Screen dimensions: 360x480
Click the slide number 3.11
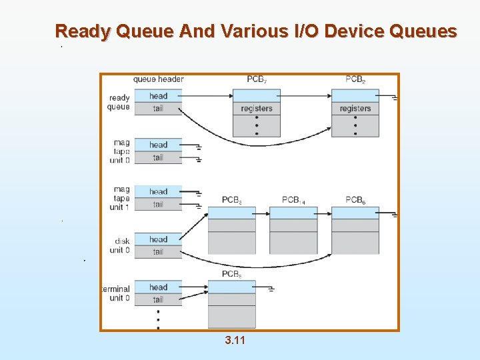tap(235, 341)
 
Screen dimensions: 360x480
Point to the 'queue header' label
tap(158, 79)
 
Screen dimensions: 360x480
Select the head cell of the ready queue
tap(158, 96)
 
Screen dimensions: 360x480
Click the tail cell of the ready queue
tap(158, 108)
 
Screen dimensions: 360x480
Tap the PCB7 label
tap(257, 79)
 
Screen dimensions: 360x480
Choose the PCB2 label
tap(355, 79)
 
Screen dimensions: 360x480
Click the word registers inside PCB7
tap(257, 109)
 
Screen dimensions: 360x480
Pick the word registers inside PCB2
tap(355, 109)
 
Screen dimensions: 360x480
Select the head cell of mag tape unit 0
tap(158, 145)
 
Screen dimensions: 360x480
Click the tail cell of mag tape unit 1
tap(158, 204)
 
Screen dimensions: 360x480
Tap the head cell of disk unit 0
tap(158, 239)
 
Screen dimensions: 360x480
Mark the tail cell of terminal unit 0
tap(158, 299)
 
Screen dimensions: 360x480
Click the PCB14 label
tap(293, 200)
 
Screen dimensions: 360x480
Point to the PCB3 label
tap(231, 200)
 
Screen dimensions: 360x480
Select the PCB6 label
tap(355, 200)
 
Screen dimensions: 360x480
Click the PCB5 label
tap(231, 274)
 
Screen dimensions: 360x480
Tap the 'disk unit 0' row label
tap(121, 245)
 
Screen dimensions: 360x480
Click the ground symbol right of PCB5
tap(271, 289)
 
